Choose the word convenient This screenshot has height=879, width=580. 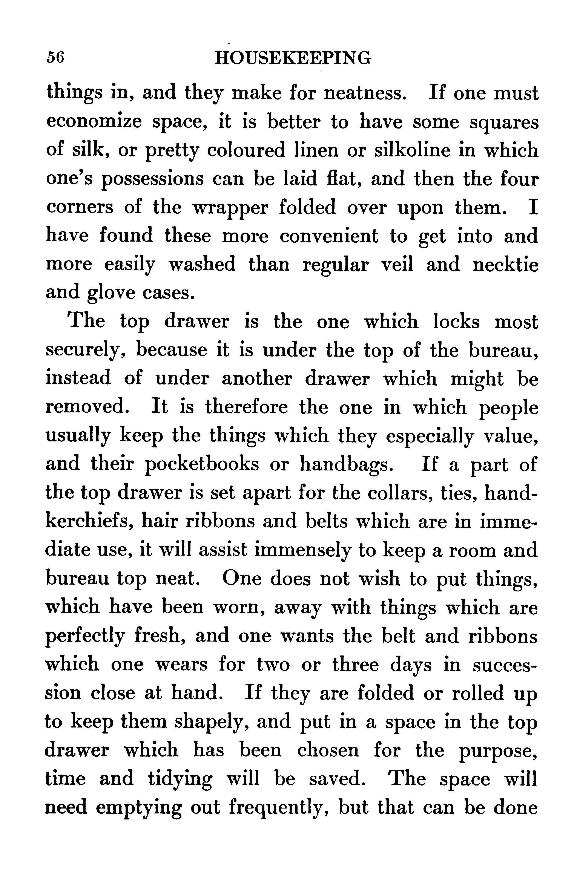tap(329, 236)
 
